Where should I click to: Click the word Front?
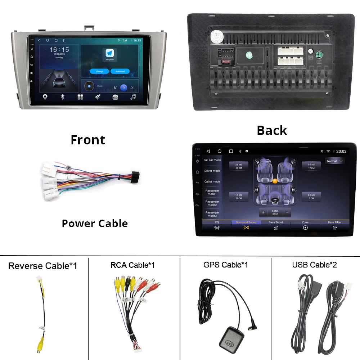pyautogui.click(x=88, y=140)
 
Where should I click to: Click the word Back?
pyautogui.click(x=272, y=130)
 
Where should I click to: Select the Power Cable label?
pyautogui.click(x=95, y=223)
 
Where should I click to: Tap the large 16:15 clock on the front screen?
pyautogui.click(x=59, y=50)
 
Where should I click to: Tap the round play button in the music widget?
pyautogui.click(x=123, y=87)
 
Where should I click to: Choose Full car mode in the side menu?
pyautogui.click(x=212, y=160)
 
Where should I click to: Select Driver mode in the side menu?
pyautogui.click(x=212, y=171)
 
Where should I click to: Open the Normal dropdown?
pyautogui.click(x=335, y=161)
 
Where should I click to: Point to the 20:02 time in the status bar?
pyautogui.click(x=341, y=151)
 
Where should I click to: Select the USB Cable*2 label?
pyautogui.click(x=314, y=265)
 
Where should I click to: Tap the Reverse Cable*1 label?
pyautogui.click(x=42, y=266)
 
